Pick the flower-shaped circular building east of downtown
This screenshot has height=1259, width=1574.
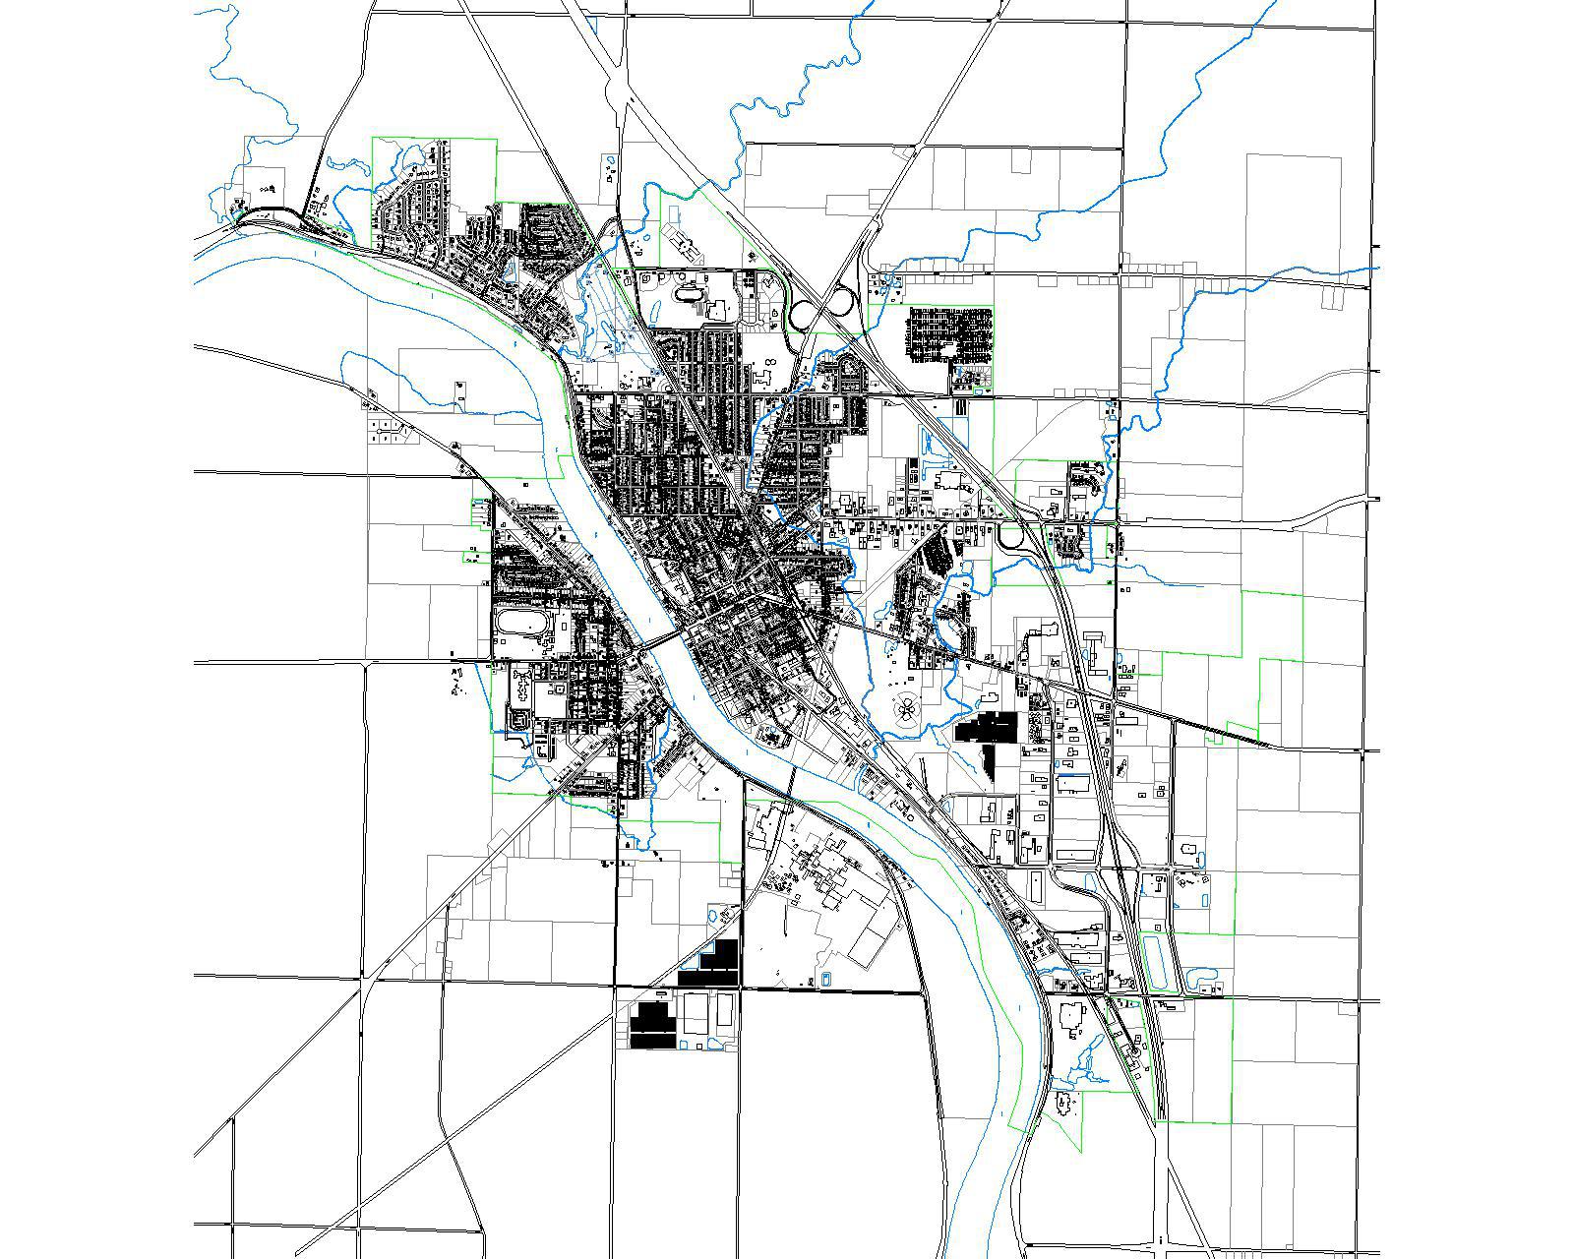coord(905,705)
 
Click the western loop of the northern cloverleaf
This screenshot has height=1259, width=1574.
coord(802,315)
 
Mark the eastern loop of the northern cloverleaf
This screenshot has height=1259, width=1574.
coord(839,297)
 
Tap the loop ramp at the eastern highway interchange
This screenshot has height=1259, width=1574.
coord(1011,538)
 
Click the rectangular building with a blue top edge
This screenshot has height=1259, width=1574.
coord(1072,785)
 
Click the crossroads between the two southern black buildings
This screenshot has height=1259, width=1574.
coord(741,987)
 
